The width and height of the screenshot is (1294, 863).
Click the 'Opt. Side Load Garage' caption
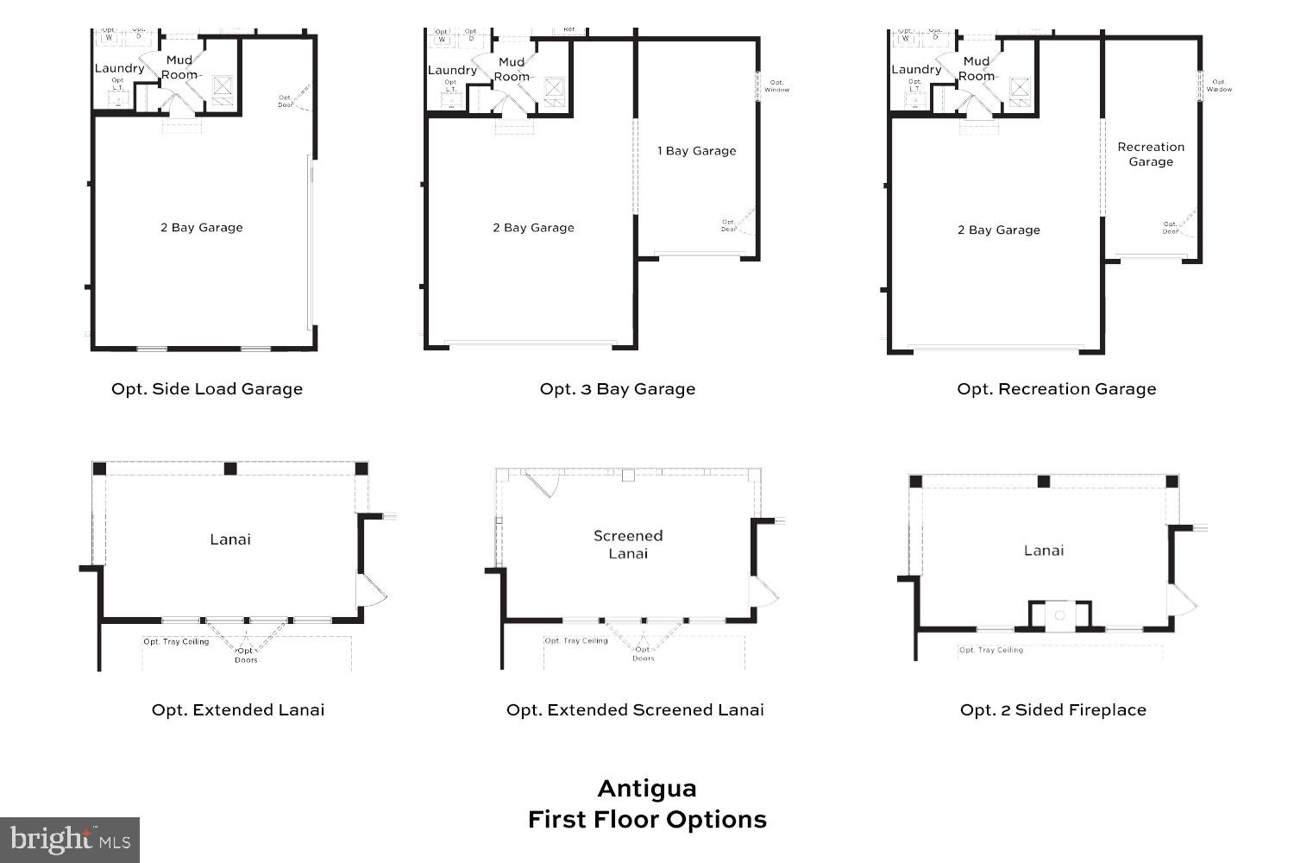pos(207,389)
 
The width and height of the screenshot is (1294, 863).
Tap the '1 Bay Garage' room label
pos(696,151)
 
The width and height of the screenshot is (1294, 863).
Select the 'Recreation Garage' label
pos(1151,154)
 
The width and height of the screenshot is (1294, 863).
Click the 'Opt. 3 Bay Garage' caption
pos(618,389)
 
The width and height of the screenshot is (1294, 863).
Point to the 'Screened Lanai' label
pos(628,545)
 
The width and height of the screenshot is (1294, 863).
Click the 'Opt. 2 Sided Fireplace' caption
pos(1052,710)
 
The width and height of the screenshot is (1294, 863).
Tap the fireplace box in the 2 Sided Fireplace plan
pos(1060,615)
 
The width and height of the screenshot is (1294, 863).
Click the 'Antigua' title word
pos(647,789)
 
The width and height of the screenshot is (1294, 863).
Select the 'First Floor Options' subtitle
pos(647,820)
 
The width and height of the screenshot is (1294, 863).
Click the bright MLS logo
pos(70,840)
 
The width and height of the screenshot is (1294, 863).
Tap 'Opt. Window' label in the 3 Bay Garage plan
pos(776,86)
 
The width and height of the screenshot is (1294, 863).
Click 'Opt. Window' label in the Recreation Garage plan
pos(1219,86)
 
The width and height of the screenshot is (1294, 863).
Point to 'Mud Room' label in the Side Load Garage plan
pos(179,67)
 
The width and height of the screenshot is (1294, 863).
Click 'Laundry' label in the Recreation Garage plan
pos(916,70)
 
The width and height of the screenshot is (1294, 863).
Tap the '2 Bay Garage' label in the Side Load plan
pos(201,228)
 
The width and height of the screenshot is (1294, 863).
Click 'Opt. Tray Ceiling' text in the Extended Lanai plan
pos(176,642)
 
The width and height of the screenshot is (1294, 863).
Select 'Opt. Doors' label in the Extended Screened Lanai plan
pos(643,654)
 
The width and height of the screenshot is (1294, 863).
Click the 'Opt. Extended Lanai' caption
pos(238,710)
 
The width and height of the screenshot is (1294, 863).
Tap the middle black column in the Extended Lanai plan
pos(230,469)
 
